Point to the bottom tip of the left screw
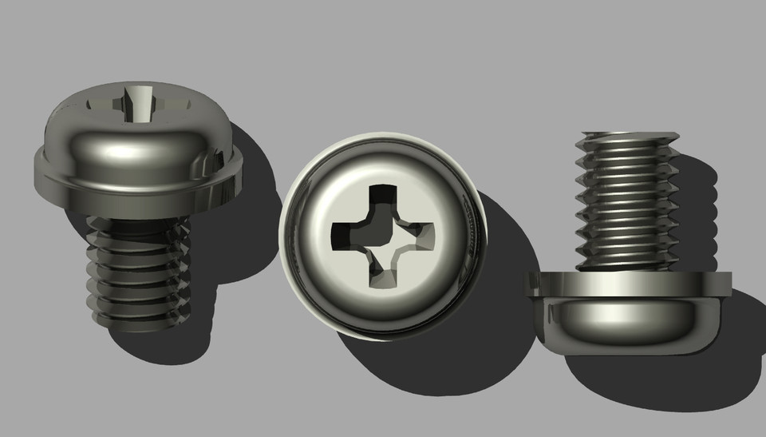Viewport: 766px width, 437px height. coord(136,324)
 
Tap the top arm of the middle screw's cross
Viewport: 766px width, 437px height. coord(381,200)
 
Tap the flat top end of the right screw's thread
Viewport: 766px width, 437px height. coord(626,136)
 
